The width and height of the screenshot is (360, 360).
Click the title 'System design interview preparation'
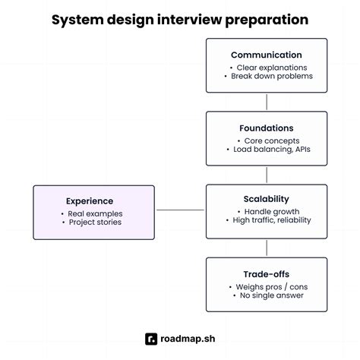point(180,19)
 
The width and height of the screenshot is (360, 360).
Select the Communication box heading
point(266,55)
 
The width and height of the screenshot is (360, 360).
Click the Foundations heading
point(266,128)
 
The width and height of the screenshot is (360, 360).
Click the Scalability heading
point(266,199)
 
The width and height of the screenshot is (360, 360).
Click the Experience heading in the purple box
point(89,201)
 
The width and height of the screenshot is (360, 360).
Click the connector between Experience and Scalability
point(180,210)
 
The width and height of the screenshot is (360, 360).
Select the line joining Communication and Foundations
point(267,102)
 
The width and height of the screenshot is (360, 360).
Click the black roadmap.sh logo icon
point(152,339)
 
